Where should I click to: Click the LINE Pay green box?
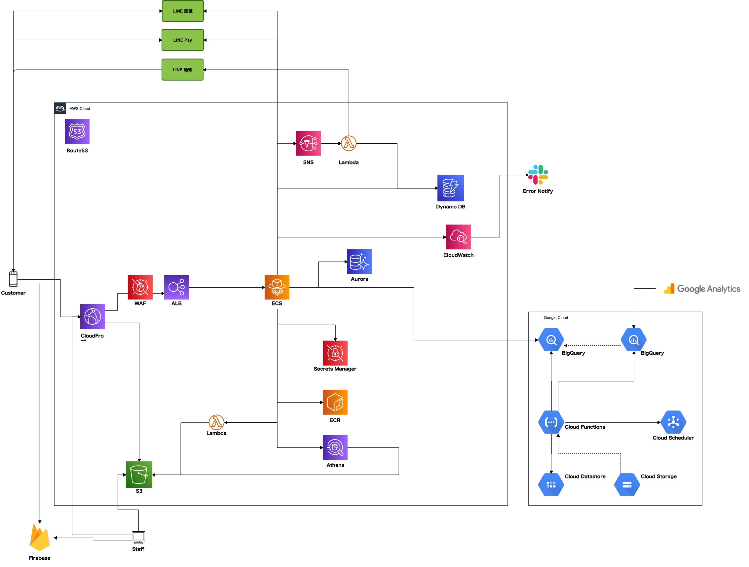[x=182, y=40]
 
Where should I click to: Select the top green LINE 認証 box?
[x=182, y=11]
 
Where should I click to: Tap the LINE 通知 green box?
[x=182, y=70]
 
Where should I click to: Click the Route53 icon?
[x=77, y=131]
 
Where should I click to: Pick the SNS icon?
[x=308, y=143]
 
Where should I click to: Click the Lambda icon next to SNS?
[x=349, y=143]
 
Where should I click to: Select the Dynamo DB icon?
[x=450, y=188]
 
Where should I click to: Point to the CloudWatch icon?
[x=458, y=237]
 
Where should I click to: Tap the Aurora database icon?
[x=359, y=262]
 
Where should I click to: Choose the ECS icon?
[x=277, y=287]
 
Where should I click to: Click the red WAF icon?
[x=140, y=287]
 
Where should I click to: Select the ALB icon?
[x=176, y=287]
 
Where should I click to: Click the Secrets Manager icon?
[x=335, y=353]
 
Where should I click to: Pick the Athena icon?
[x=335, y=447]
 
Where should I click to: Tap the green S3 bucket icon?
[x=139, y=474]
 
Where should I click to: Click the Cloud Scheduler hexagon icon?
[x=673, y=422]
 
